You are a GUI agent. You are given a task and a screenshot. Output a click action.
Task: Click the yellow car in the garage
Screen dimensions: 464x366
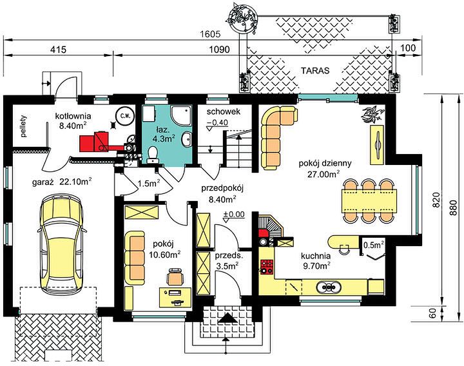[62, 245]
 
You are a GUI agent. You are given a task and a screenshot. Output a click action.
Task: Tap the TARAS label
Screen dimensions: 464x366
[315, 71]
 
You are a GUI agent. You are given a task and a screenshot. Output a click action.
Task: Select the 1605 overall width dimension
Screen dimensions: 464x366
[210, 34]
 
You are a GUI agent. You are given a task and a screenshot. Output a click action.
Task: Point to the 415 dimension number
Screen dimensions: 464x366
[58, 49]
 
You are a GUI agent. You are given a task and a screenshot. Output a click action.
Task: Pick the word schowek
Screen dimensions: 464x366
[224, 111]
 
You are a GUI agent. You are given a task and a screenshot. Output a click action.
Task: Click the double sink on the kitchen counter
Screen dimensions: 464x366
[329, 287]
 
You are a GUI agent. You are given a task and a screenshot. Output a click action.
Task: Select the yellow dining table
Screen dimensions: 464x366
[369, 201]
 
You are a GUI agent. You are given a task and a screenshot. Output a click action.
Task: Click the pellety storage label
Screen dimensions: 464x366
[24, 126]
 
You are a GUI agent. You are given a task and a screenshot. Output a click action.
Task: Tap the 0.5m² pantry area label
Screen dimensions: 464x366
[373, 245]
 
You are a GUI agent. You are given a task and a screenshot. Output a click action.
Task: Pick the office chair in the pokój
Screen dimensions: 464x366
[175, 276]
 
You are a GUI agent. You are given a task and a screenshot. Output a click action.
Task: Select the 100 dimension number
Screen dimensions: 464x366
[409, 48]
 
